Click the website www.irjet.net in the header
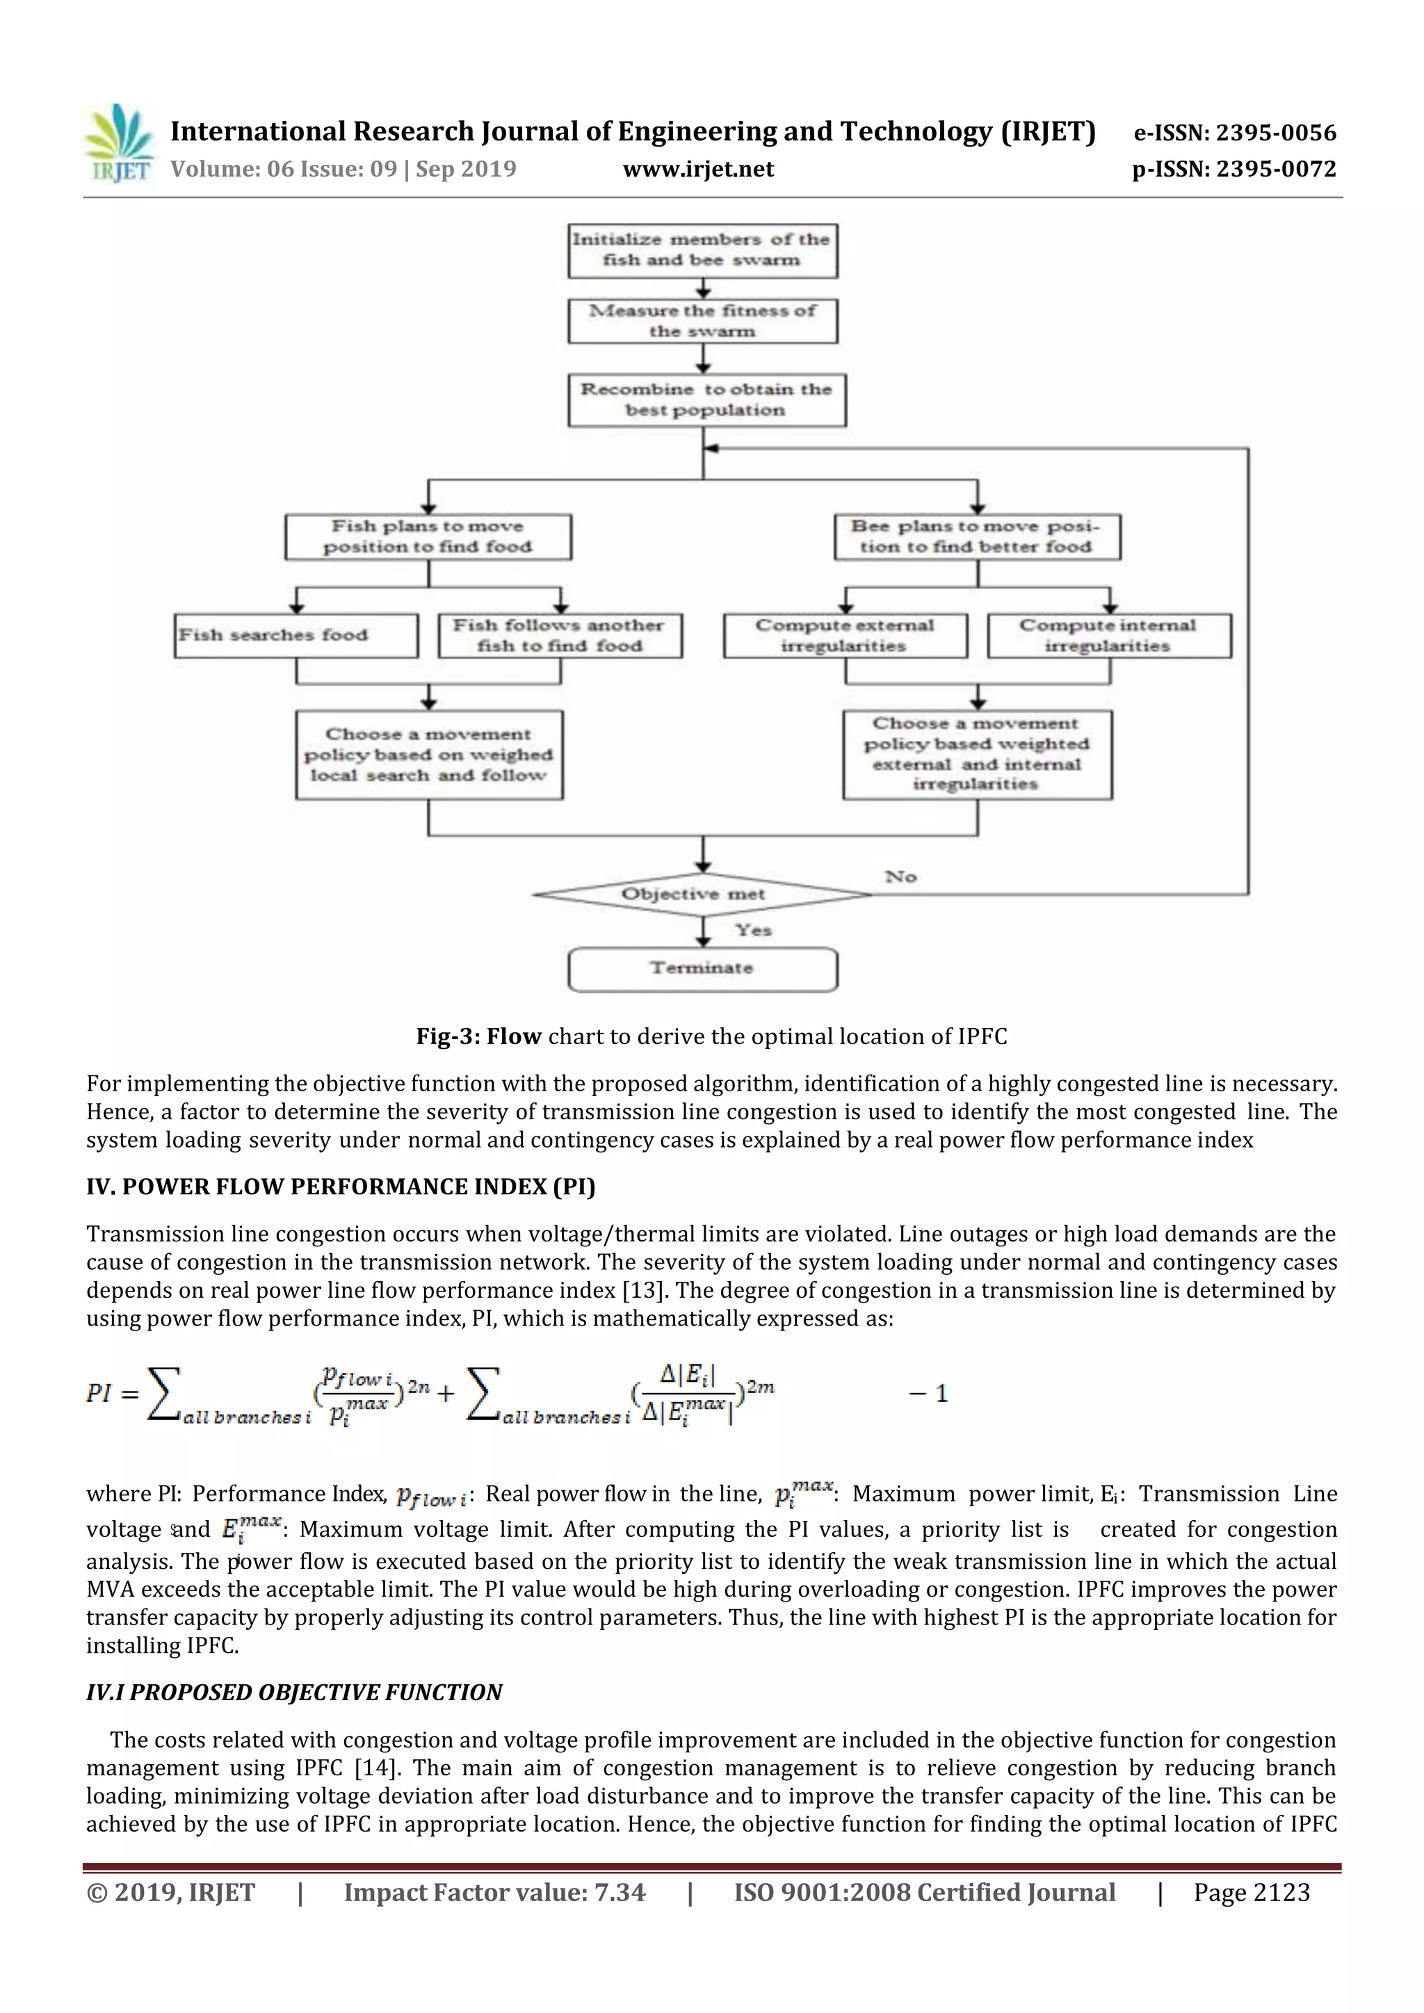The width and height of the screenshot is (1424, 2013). coord(698,169)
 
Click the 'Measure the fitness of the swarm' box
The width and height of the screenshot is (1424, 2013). coord(702,321)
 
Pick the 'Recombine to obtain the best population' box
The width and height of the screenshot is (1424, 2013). coord(706,400)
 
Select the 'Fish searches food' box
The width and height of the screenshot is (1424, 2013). coord(296,635)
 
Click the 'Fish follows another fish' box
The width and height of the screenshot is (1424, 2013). coord(560,635)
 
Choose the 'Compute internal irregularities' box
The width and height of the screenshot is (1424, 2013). coord(1108,635)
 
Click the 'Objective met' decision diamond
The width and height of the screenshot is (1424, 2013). coord(702,895)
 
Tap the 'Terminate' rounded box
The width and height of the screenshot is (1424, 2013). coord(702,969)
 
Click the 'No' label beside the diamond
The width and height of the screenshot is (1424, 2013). coord(900,877)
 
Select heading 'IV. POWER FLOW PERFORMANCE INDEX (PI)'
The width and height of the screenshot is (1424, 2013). coord(340,1187)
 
